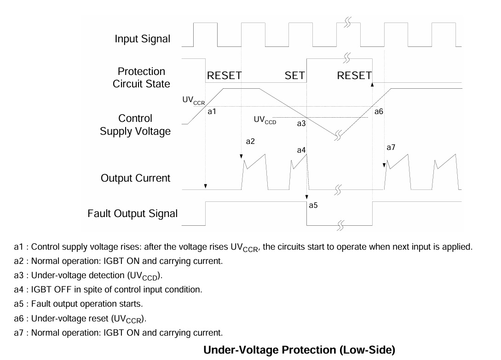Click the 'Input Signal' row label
coord(143,39)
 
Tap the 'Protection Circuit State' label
coord(141,78)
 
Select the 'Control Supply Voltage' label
coord(135,125)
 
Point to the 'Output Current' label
coord(135,178)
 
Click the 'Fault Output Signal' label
coord(132,214)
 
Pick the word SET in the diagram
coord(295,76)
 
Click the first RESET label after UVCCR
coord(225,76)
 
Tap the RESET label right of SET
coord(354,76)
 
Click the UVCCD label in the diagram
coord(265,120)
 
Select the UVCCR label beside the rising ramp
coord(194,101)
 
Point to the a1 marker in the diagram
coord(212,111)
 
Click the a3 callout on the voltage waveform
coord(301,124)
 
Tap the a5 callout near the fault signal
coord(313,206)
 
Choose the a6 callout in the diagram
coord(379,111)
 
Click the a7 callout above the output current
coord(391,147)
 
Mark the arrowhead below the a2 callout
coord(241,156)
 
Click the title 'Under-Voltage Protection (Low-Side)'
coord(299,350)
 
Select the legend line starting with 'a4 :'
coord(108,290)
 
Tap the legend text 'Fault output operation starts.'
coord(87,304)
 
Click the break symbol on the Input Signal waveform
coord(348,23)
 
